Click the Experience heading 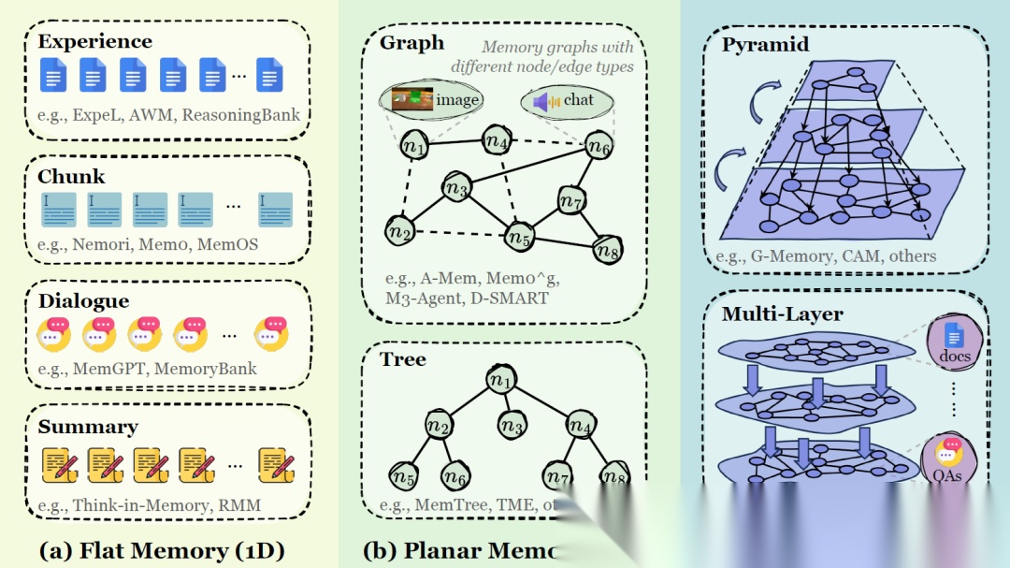coord(94,42)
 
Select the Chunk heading coord(71,177)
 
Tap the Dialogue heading coord(83,301)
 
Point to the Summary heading coord(88,427)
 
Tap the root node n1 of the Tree coord(501,380)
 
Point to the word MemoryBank coord(205,368)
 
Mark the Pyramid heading coord(765,44)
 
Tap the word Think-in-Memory coord(141,505)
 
